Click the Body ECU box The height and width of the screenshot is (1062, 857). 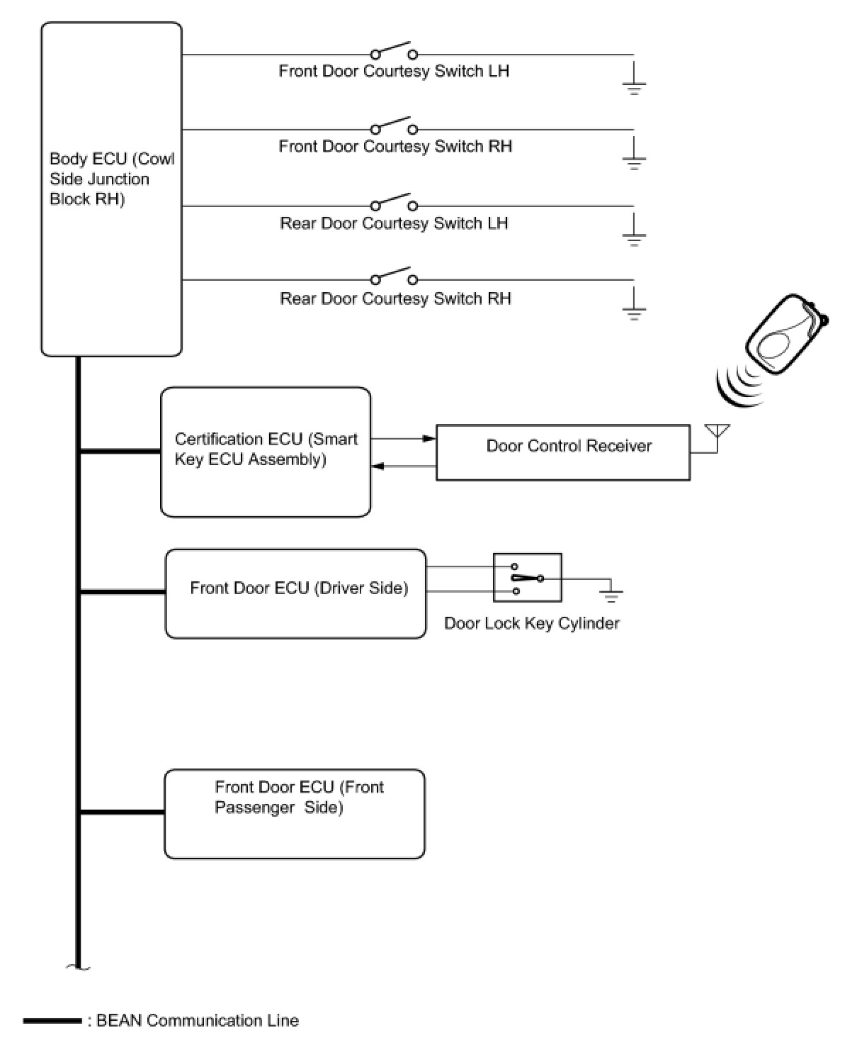(x=111, y=189)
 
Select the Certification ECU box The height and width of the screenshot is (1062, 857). (x=266, y=452)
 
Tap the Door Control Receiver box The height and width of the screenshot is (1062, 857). (x=563, y=452)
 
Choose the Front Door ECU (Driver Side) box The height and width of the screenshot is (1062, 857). (x=296, y=593)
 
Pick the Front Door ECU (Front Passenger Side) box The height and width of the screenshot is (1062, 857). (x=295, y=814)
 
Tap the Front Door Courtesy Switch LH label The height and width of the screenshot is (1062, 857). (x=394, y=72)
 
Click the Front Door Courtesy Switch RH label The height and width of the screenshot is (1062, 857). (x=395, y=147)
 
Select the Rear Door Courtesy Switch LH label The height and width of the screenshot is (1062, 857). (x=394, y=224)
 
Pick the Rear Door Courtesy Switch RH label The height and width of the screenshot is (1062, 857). (x=395, y=299)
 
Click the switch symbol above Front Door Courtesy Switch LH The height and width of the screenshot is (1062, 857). (x=394, y=52)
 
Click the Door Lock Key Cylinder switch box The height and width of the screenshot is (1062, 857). (x=528, y=578)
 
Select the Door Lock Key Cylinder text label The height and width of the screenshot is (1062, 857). (x=532, y=624)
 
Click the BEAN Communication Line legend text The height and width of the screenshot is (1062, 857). (x=198, y=1021)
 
